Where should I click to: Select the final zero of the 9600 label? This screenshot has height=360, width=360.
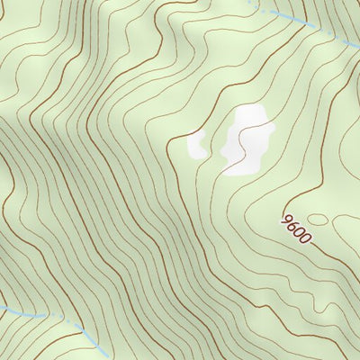[x=306, y=240]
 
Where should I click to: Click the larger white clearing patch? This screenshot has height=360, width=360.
[x=247, y=139]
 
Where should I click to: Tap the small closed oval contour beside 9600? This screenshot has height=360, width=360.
[x=319, y=220]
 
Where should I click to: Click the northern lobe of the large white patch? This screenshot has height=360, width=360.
[x=250, y=115]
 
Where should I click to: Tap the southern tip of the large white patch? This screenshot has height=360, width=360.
[x=232, y=170]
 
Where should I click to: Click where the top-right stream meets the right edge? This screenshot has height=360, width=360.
[x=358, y=47]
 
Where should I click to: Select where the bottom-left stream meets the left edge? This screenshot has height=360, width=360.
[x=2, y=307]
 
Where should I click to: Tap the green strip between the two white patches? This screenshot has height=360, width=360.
[x=214, y=144]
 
